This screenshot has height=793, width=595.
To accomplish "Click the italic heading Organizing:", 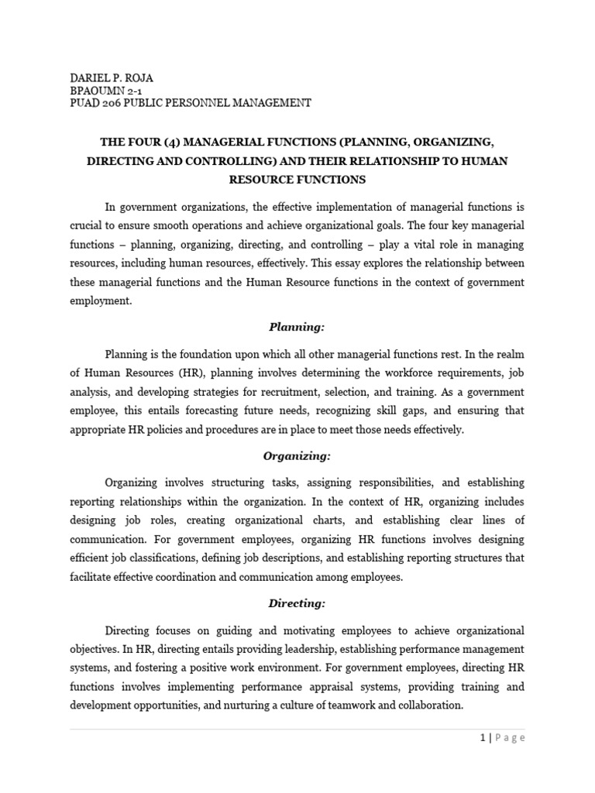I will coord(297,456).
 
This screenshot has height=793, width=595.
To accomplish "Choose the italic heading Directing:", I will coord(297,602).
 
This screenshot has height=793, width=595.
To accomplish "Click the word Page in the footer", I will coord(508,738).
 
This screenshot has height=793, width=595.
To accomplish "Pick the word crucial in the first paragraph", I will coord(87,226).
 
